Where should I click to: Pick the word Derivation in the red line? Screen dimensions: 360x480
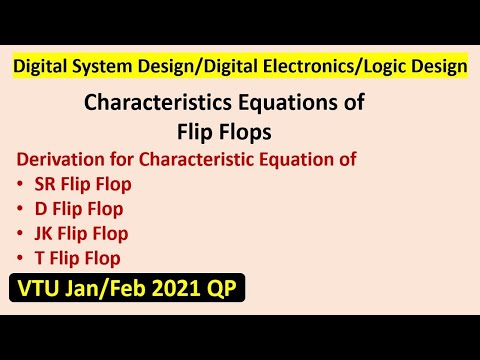click(x=57, y=159)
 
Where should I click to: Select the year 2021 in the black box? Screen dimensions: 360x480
click(x=171, y=290)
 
